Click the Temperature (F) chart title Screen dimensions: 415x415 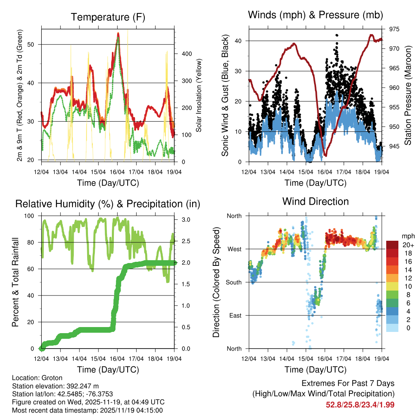(x=108, y=17)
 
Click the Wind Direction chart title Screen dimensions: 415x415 (x=315, y=201)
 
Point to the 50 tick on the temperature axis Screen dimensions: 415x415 (x=36, y=45)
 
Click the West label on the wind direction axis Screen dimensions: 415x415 (x=234, y=249)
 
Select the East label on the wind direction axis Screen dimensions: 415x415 (x=234, y=315)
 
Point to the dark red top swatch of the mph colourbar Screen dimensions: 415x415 (x=392, y=245)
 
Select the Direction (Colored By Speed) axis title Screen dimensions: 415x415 (x=216, y=282)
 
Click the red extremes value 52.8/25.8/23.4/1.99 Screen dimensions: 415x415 (x=360, y=404)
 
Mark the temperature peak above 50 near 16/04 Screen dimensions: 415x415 (x=118, y=34)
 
